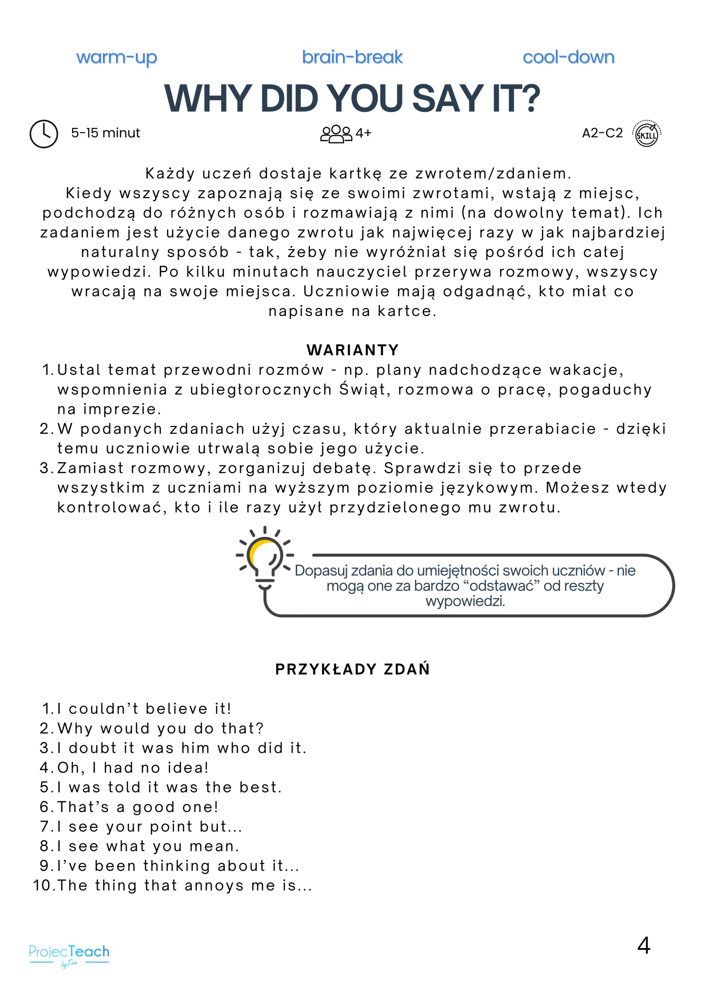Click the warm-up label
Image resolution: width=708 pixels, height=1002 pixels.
pyautogui.click(x=117, y=58)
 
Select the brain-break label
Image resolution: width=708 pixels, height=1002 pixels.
pyautogui.click(x=352, y=57)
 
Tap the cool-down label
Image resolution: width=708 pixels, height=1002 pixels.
pyautogui.click(x=568, y=57)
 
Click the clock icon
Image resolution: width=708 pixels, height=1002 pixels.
pyautogui.click(x=44, y=133)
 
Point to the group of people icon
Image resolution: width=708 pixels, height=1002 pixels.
pyautogui.click(x=336, y=133)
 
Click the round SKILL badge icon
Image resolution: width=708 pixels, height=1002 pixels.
pyautogui.click(x=647, y=133)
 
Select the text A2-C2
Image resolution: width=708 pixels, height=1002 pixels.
pyautogui.click(x=602, y=133)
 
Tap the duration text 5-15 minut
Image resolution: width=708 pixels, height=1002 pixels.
pyautogui.click(x=106, y=133)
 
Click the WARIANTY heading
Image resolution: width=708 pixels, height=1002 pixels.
pyautogui.click(x=352, y=350)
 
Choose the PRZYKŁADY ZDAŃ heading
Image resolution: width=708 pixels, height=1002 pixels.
pyautogui.click(x=352, y=669)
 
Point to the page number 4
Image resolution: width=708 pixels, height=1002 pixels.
pyautogui.click(x=643, y=946)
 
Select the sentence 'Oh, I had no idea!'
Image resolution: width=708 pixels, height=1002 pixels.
pyautogui.click(x=133, y=768)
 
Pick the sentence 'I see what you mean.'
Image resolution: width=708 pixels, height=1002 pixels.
pyautogui.click(x=148, y=846)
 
